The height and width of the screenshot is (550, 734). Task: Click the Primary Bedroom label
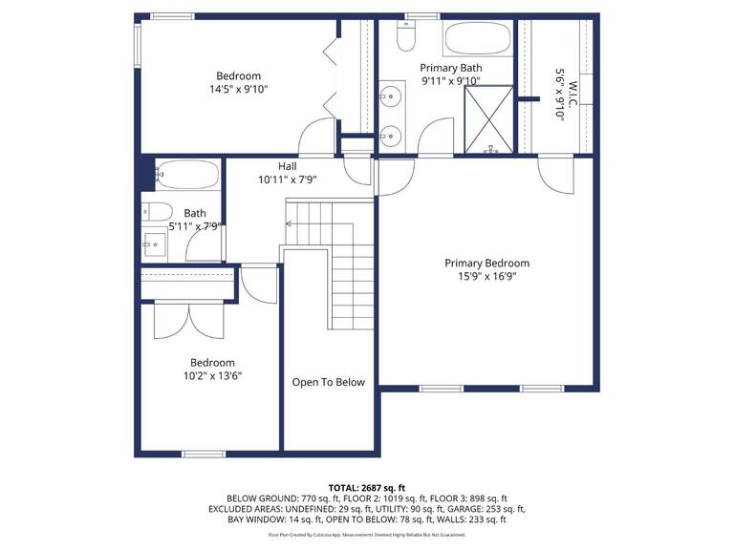tap(486, 264)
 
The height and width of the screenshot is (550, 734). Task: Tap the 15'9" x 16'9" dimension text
tap(486, 276)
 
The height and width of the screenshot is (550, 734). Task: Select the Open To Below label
tap(328, 383)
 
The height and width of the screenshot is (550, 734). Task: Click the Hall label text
tap(288, 166)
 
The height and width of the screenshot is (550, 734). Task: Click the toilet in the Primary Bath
tap(406, 36)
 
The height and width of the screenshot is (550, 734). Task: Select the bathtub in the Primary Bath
tap(477, 39)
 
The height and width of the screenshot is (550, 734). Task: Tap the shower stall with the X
tap(488, 119)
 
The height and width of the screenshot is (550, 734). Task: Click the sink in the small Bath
tap(155, 244)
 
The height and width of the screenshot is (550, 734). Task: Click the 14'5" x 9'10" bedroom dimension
tap(239, 90)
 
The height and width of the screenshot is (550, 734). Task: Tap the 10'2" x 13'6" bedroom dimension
tap(212, 376)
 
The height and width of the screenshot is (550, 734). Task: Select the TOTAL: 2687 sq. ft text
tap(367, 489)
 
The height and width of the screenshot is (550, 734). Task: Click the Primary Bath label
tap(451, 69)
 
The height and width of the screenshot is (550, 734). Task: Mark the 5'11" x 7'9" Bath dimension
tap(195, 227)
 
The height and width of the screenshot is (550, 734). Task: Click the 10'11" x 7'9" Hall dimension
tap(288, 180)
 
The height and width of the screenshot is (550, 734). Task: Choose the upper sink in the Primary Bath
tap(390, 96)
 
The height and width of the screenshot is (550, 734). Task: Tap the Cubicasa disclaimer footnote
tap(367, 535)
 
